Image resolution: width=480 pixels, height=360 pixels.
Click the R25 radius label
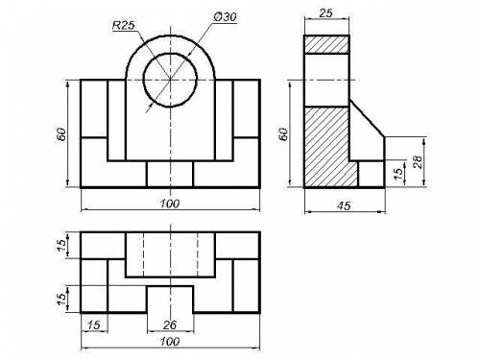pyautogui.click(x=124, y=25)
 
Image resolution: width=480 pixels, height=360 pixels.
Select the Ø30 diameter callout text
pyautogui.click(x=225, y=17)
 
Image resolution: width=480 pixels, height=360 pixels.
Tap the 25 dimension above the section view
pyautogui.click(x=325, y=13)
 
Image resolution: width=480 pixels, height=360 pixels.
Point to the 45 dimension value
pyautogui.click(x=344, y=205)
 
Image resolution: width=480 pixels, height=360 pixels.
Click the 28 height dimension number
pyautogui.click(x=418, y=162)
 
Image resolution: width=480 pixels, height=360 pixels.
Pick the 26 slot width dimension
pyautogui.click(x=170, y=325)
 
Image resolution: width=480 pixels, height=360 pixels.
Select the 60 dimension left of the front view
pyautogui.click(x=61, y=134)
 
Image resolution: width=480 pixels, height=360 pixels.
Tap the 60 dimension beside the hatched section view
pyautogui.click(x=283, y=134)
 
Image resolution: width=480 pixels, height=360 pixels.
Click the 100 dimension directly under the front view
pyautogui.click(x=170, y=204)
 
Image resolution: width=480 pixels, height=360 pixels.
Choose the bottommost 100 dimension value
pyautogui.click(x=170, y=342)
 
